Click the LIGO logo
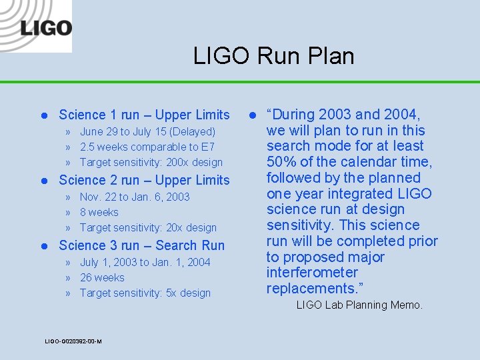point(45,29)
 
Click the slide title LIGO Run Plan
point(273,56)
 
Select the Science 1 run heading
point(144,115)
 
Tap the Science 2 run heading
point(144,180)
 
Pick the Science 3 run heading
point(141,245)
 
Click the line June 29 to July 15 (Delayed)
point(147,132)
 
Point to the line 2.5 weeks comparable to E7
point(147,147)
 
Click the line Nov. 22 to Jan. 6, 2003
point(135,197)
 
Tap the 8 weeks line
point(99,213)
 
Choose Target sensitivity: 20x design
point(148,228)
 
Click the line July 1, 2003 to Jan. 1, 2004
point(145,263)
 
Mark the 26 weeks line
point(102,278)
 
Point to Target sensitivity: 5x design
point(145,293)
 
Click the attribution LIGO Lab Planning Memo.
point(359,305)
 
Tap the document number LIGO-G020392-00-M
point(73,341)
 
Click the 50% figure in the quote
point(281,162)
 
